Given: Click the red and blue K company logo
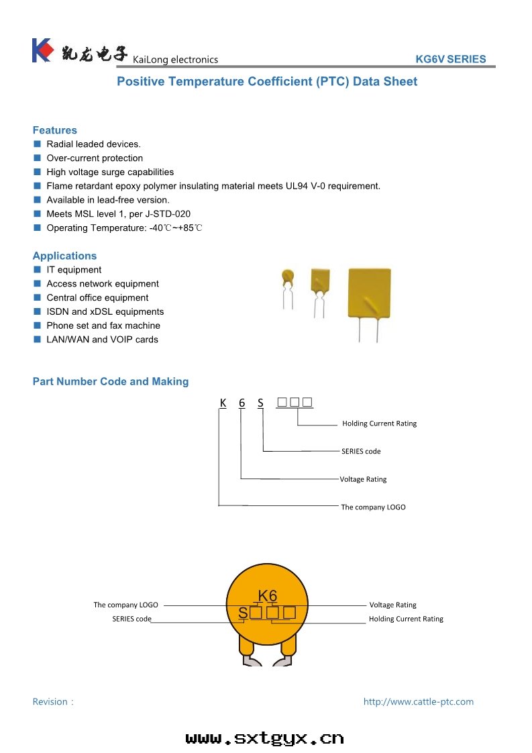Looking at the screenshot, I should [x=42, y=50].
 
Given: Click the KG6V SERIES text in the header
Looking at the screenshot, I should [x=450, y=59].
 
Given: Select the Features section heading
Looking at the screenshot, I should [x=55, y=130].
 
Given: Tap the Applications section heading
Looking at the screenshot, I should [x=64, y=256].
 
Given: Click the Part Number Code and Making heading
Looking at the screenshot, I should [x=111, y=381].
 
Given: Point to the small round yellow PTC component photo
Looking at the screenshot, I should [x=288, y=276].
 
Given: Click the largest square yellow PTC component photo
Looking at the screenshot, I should [x=368, y=293].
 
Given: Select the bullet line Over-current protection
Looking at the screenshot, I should [x=95, y=158].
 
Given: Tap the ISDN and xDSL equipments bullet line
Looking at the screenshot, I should [x=105, y=311].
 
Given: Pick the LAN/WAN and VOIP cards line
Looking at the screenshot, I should [x=102, y=340].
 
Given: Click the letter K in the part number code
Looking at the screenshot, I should [x=223, y=403].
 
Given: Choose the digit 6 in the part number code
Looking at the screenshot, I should [x=242, y=403].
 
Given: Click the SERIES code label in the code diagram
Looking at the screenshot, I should [x=361, y=451].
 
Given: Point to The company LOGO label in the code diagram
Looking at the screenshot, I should [x=373, y=507].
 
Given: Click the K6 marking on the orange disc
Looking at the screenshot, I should [x=267, y=595].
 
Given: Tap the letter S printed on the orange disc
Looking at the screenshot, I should [x=243, y=612].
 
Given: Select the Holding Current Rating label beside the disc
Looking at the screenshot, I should [x=406, y=619].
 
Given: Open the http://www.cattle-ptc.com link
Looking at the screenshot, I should [x=418, y=701].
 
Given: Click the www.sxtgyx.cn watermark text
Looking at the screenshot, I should [x=265, y=738].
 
